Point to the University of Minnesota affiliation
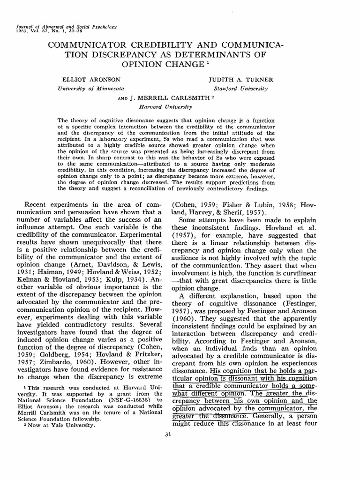[x=90, y=88]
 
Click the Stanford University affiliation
[x=240, y=88]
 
